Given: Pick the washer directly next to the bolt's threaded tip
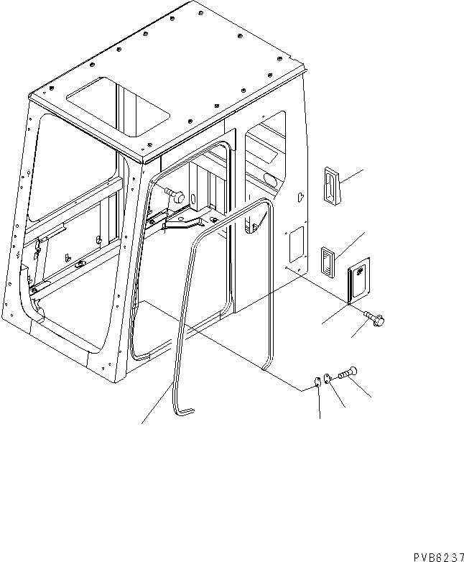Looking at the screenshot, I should [x=328, y=378].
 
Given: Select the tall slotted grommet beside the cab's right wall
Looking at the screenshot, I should [x=330, y=186].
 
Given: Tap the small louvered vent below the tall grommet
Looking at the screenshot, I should [x=328, y=259].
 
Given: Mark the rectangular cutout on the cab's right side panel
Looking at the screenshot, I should [x=295, y=244].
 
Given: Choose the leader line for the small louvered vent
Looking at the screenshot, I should [x=352, y=244].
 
